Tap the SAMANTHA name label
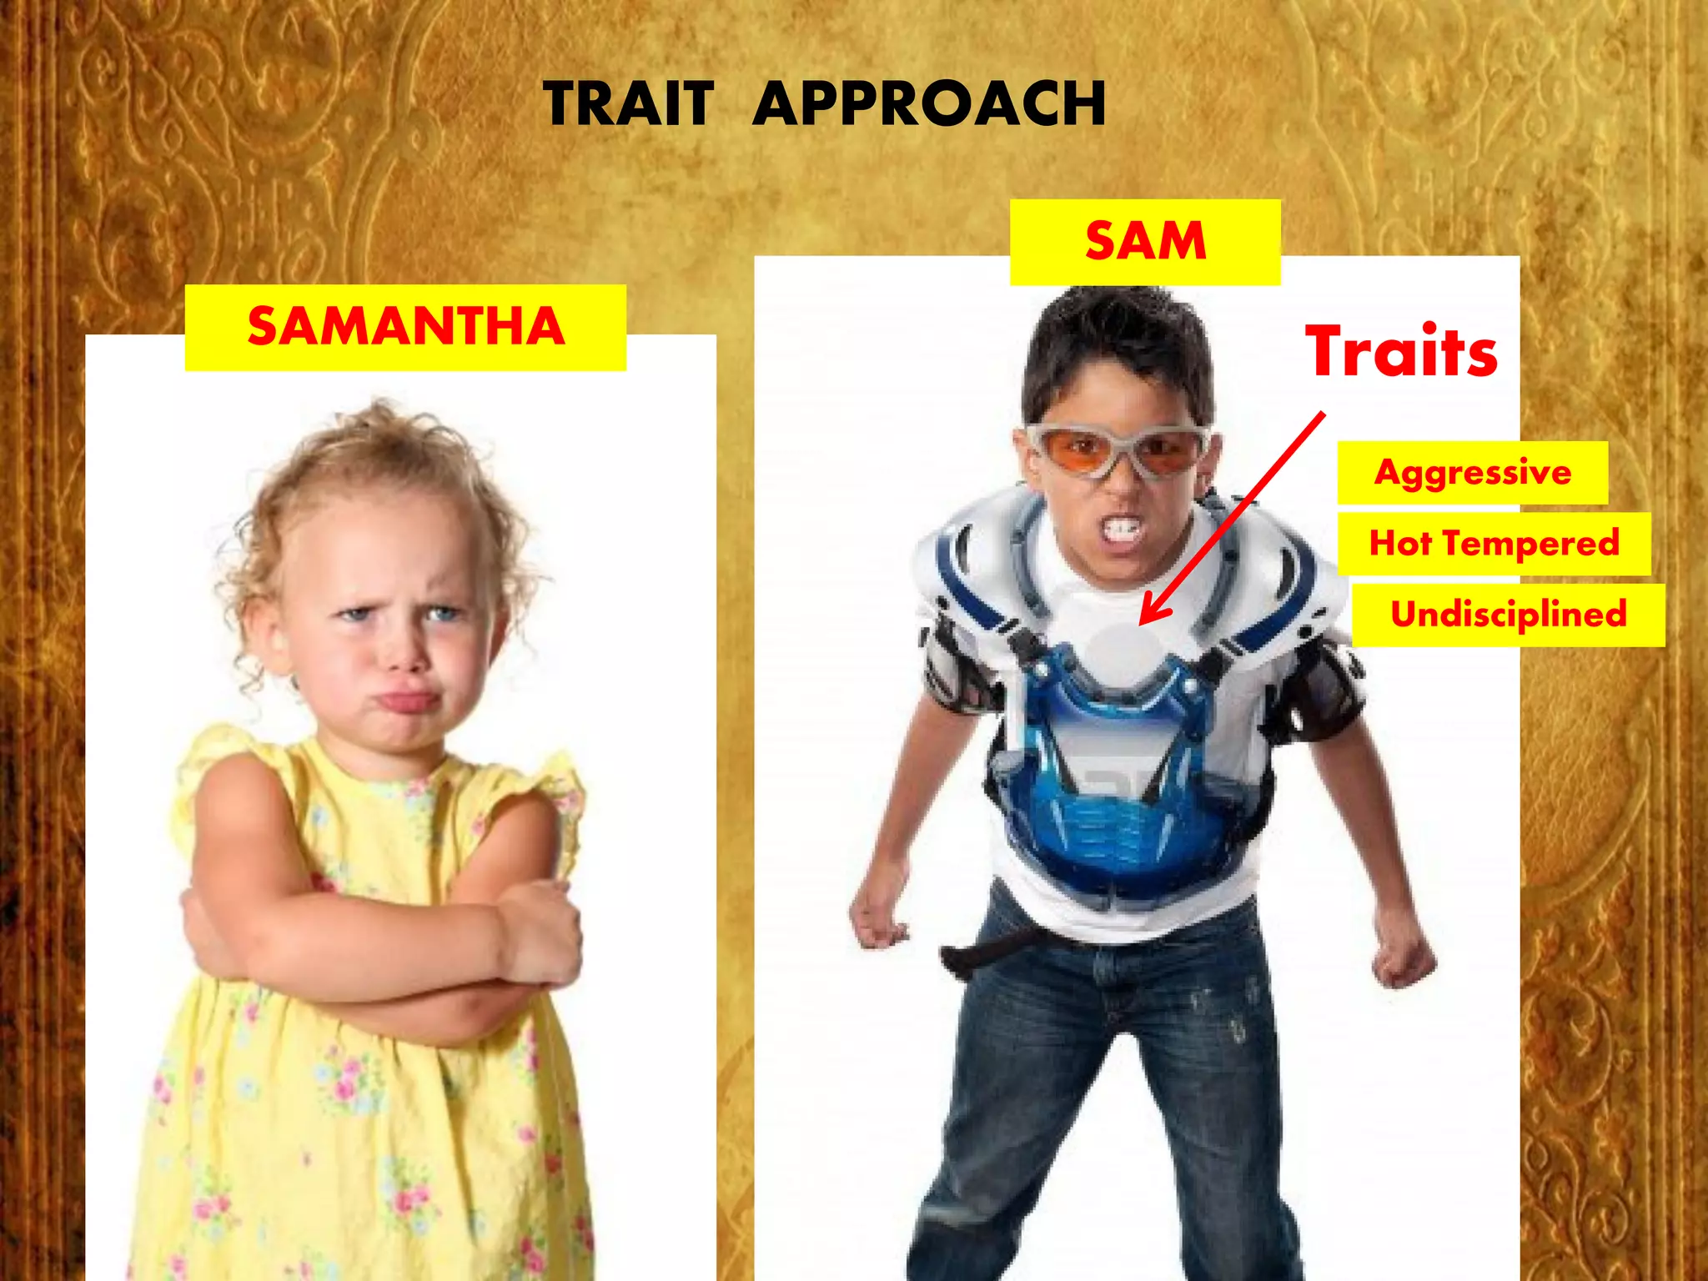click(405, 327)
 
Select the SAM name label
click(1145, 242)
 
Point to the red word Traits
click(1401, 352)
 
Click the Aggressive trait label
click(1473, 473)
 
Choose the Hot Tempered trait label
click(1494, 544)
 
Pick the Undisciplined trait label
click(1508, 615)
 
